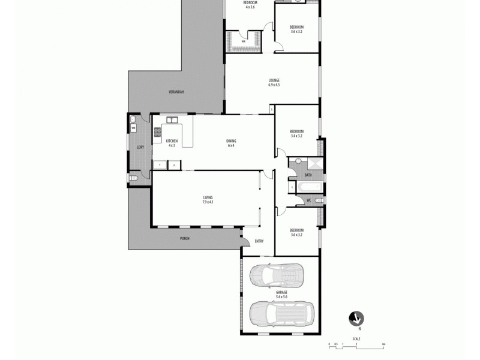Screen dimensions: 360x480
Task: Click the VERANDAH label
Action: pyautogui.click(x=176, y=92)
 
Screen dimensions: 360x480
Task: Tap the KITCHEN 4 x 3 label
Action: pyautogui.click(x=172, y=143)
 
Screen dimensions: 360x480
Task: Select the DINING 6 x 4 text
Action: pyautogui.click(x=231, y=143)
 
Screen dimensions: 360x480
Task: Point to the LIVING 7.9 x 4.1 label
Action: pyautogui.click(x=208, y=200)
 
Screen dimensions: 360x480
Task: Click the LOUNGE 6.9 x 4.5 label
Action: pyautogui.click(x=274, y=83)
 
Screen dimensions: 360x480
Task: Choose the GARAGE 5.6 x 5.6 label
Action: pyautogui.click(x=281, y=295)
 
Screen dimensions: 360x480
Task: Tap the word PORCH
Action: pyautogui.click(x=184, y=239)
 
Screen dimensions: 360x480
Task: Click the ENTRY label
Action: pyautogui.click(x=259, y=241)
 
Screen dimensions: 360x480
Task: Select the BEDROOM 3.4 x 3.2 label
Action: pyautogui.click(x=296, y=133)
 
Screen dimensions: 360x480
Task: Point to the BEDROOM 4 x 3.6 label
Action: pyautogui.click(x=250, y=4)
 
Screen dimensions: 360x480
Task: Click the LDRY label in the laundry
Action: pyautogui.click(x=140, y=147)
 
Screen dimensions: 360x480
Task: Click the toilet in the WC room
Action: pyautogui.click(x=317, y=200)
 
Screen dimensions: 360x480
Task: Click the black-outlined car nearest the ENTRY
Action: pyautogui.click(x=278, y=275)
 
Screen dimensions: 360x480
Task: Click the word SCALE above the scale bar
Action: pyautogui.click(x=356, y=339)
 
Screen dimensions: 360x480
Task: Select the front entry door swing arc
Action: pyautogui.click(x=246, y=240)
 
